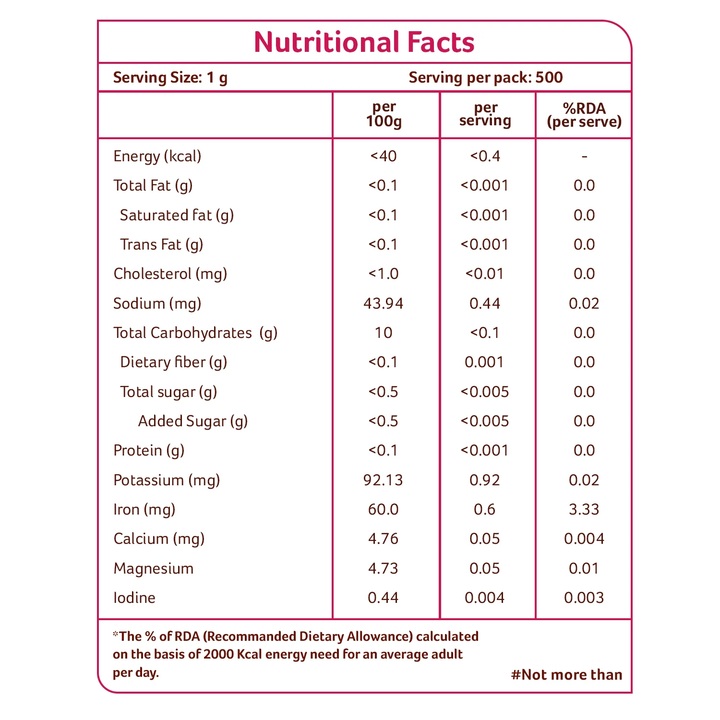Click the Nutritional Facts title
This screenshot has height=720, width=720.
[364, 42]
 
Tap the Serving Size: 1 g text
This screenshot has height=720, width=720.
[170, 78]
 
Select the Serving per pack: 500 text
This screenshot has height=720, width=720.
[486, 78]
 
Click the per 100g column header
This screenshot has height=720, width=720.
[384, 114]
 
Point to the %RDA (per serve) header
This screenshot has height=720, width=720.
[584, 115]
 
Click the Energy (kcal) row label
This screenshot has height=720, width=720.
[157, 156]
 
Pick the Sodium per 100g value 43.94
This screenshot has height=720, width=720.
[384, 303]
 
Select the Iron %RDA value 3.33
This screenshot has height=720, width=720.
[584, 509]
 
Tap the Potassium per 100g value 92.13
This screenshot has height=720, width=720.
[384, 480]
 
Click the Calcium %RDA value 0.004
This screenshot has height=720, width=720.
[584, 539]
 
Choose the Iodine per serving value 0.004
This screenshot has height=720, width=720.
[485, 598]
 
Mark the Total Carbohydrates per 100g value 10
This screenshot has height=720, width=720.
[384, 333]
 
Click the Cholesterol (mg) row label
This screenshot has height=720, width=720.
[170, 274]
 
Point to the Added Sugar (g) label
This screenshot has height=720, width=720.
[193, 421]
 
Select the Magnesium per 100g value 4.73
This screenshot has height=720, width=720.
[384, 568]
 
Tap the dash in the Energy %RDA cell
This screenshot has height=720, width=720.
[584, 157]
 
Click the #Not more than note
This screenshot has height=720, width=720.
[567, 675]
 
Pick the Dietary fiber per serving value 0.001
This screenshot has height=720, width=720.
[485, 362]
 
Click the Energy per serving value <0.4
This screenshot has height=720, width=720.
[485, 156]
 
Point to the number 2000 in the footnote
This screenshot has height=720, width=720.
[218, 655]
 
